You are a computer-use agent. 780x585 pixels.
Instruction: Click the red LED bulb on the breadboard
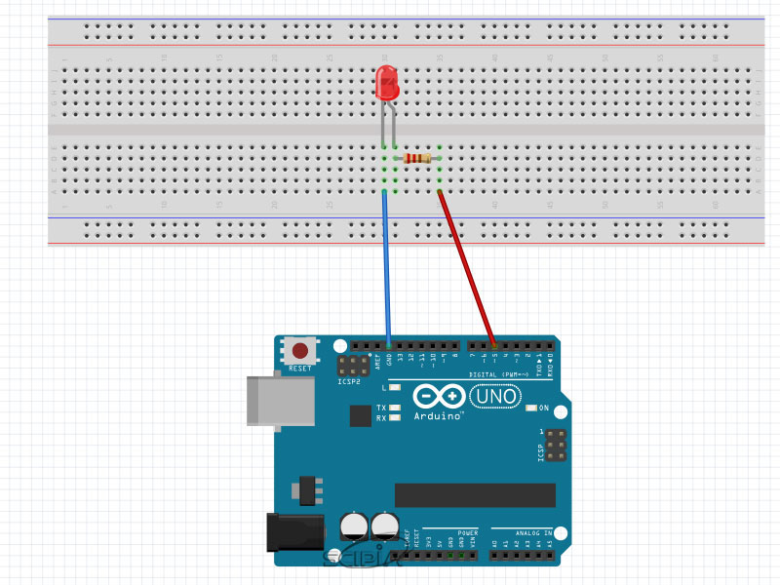pos(388,84)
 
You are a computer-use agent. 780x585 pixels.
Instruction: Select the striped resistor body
pos(418,158)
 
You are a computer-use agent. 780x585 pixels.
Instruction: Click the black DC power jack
pos(294,530)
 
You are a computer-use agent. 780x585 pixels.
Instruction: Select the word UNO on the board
pos(496,397)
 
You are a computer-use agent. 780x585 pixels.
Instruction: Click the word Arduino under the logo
pos(438,416)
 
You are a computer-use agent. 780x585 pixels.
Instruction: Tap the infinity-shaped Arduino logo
pos(438,397)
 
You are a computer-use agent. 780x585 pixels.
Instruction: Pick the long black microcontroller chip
pos(475,495)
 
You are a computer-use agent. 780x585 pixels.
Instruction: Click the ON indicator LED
pos(531,408)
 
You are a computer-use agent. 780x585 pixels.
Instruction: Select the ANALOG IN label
pos(534,533)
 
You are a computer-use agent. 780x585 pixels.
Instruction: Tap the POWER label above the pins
pos(468,533)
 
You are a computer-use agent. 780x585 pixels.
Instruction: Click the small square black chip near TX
pos(361,415)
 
